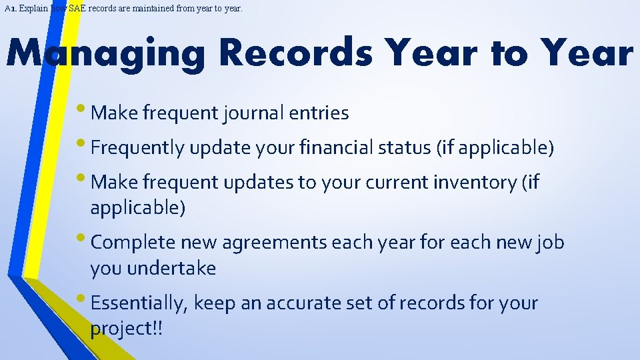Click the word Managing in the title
(x=107, y=53)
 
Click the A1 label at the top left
(x=9, y=9)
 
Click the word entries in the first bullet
(x=319, y=113)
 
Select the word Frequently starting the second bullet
(x=137, y=147)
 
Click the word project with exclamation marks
(x=127, y=329)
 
